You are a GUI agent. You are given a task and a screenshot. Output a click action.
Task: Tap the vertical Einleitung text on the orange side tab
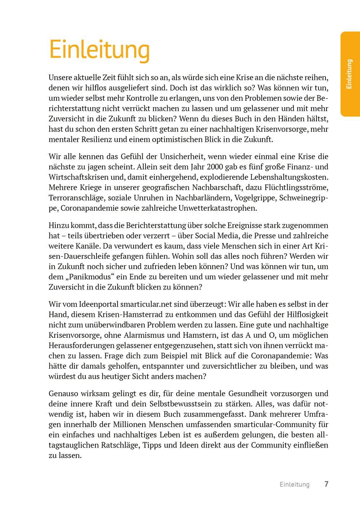[348, 74]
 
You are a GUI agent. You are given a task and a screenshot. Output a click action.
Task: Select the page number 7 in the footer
[326, 484]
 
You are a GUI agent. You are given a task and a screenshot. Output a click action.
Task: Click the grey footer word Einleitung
[294, 484]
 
